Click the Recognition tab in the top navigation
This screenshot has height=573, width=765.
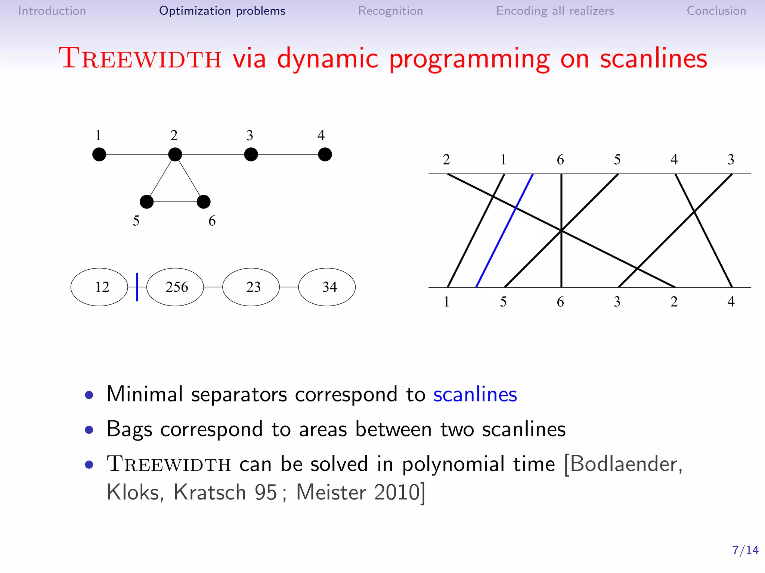pyautogui.click(x=390, y=11)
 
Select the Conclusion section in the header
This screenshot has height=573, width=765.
pyautogui.click(x=716, y=11)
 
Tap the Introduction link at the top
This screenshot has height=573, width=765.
pyautogui.click(x=52, y=11)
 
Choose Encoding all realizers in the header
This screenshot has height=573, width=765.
pyautogui.click(x=555, y=11)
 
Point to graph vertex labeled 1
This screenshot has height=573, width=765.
pyautogui.click(x=99, y=154)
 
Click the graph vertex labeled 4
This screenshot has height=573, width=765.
pyautogui.click(x=325, y=154)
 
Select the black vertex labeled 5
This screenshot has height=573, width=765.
pyautogui.click(x=146, y=202)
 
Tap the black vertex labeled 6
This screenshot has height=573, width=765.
pyautogui.click(x=204, y=202)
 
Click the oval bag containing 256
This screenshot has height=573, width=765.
pyautogui.click(x=175, y=287)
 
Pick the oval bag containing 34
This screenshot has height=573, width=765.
pyautogui.click(x=327, y=287)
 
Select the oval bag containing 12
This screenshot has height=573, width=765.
pyautogui.click(x=99, y=287)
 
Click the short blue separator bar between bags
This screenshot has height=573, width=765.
pyautogui.click(x=137, y=287)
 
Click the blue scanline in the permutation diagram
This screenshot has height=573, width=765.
pyautogui.click(x=504, y=231)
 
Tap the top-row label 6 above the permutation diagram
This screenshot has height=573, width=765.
pyautogui.click(x=560, y=160)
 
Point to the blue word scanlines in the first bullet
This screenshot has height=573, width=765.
pyautogui.click(x=475, y=394)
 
